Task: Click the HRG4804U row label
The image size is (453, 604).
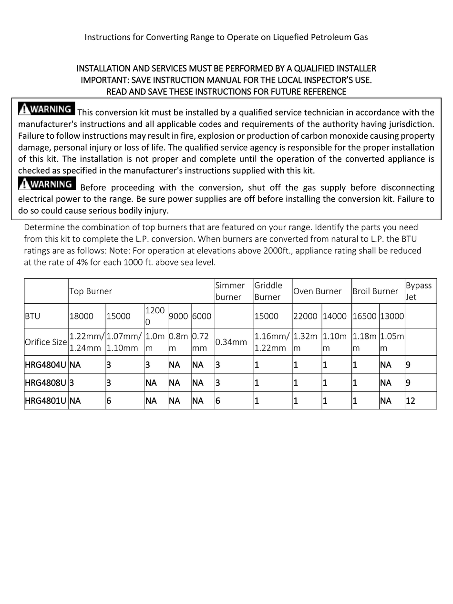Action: tap(46, 365)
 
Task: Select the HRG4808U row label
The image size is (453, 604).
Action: tap(46, 383)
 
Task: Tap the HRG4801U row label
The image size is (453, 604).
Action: tap(46, 401)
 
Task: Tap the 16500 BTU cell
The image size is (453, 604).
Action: tap(365, 316)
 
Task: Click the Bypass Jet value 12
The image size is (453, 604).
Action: tap(411, 401)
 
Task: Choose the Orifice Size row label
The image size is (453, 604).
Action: tap(46, 342)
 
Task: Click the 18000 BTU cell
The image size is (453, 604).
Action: tap(82, 316)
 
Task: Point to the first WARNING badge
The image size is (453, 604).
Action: tap(46, 109)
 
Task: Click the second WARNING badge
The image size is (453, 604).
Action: tap(46, 184)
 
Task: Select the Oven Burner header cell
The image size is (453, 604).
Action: tap(318, 291)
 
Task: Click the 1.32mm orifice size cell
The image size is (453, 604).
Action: tap(305, 342)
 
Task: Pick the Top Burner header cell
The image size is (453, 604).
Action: tap(91, 291)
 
